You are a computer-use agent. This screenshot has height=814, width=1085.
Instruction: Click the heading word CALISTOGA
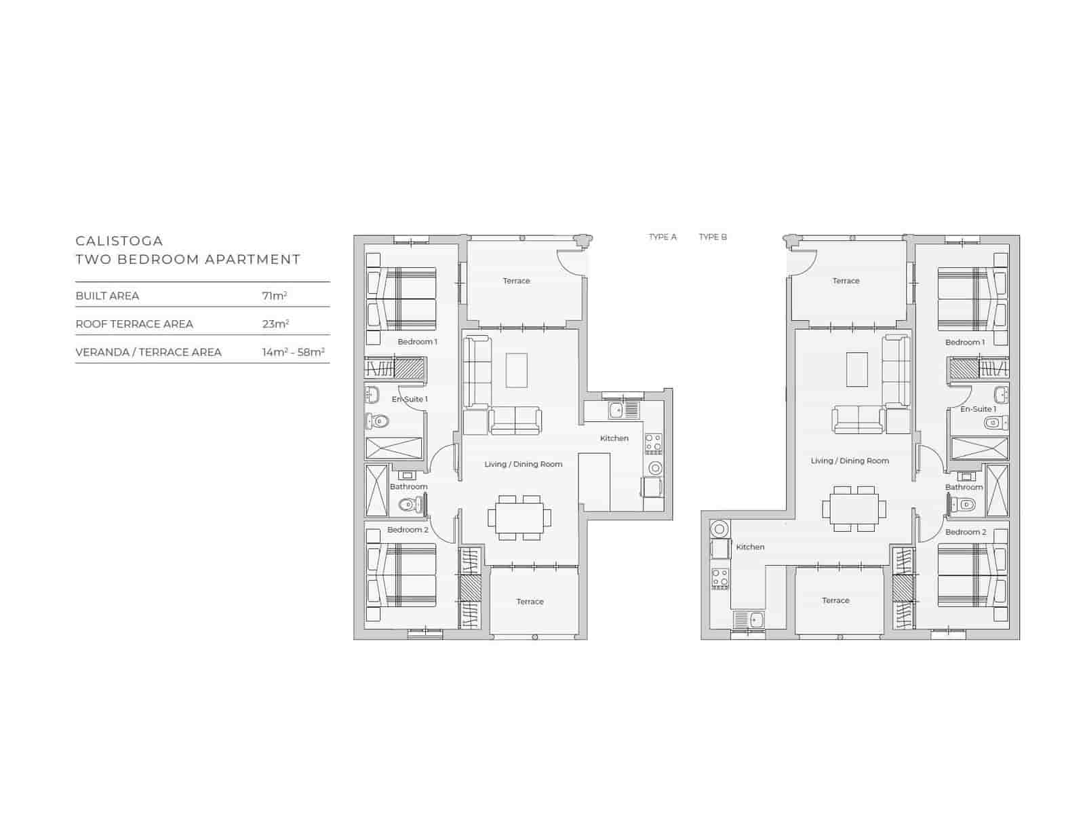119,241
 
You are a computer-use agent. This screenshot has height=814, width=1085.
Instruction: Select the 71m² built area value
275,296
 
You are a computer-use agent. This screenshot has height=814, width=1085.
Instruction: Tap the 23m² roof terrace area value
275,324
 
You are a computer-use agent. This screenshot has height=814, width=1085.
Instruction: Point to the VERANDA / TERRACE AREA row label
149,352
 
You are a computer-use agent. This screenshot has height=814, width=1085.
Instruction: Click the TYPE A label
663,237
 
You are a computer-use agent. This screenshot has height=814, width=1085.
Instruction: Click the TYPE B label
713,237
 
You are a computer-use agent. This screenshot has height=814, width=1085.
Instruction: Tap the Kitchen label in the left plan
614,438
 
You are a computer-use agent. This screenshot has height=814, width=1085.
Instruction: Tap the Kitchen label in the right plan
750,547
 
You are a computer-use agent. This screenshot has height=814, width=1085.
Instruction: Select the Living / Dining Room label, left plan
524,464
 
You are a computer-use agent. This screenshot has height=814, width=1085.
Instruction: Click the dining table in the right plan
854,508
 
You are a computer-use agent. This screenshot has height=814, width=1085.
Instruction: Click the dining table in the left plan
519,518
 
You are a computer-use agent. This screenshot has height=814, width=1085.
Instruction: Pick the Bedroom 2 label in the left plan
408,530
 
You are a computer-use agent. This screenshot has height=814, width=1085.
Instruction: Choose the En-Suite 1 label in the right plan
978,409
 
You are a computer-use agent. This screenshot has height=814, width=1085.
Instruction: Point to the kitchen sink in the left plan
616,410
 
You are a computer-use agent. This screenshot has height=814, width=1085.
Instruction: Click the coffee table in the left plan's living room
517,370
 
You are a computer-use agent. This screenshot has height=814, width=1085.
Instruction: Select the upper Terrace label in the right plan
846,281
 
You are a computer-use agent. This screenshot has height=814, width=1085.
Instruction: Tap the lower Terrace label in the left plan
530,602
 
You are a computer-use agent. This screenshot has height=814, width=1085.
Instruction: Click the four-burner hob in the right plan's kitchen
719,579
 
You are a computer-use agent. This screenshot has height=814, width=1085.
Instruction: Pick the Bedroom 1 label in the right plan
964,343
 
